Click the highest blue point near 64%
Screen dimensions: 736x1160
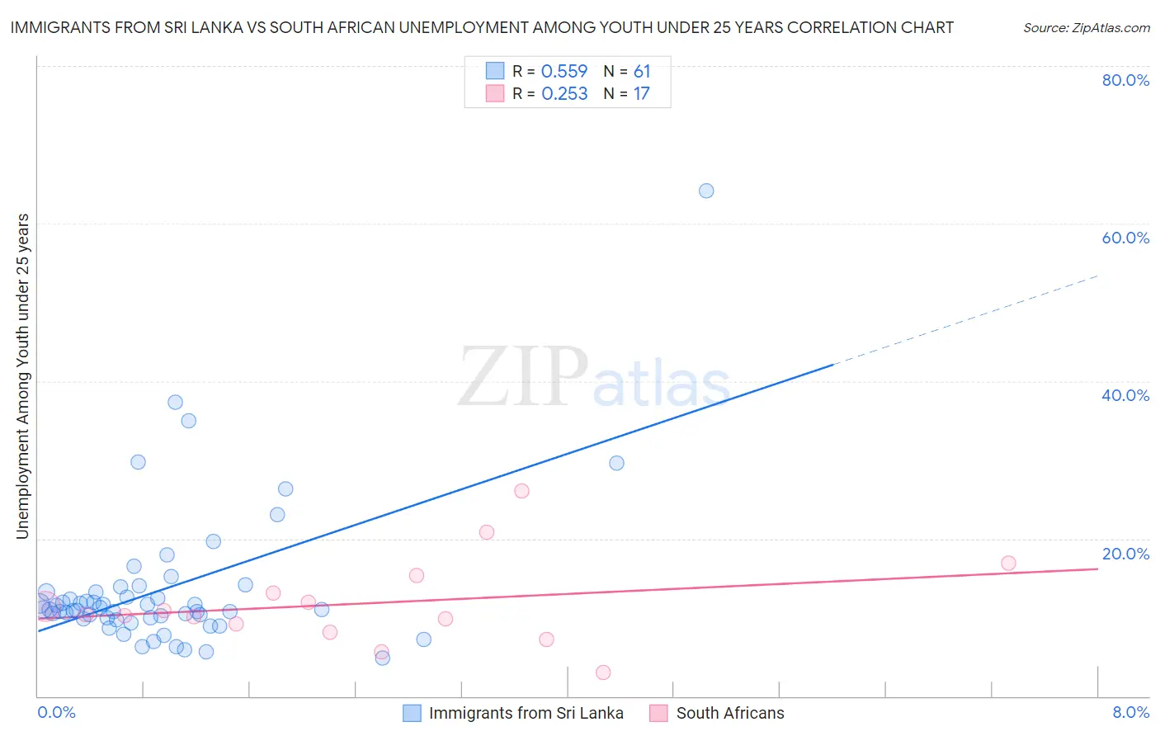tap(706, 191)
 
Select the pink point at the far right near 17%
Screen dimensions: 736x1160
tap(1008, 564)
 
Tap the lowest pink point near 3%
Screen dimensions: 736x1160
tap(603, 672)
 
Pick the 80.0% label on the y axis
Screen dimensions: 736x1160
tap(1125, 80)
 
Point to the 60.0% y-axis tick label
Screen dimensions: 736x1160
tap(1125, 238)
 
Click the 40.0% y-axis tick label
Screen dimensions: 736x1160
tap(1125, 395)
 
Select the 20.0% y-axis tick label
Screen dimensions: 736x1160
tap(1125, 554)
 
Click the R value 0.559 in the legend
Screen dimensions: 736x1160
tap(564, 72)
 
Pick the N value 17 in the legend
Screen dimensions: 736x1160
tap(641, 94)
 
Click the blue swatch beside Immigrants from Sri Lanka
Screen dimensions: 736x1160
tap(412, 713)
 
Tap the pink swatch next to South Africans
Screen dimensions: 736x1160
tap(658, 713)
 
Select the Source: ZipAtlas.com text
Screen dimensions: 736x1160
tap(1086, 28)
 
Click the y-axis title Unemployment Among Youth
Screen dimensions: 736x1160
tap(23, 376)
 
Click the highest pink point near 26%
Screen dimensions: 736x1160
tap(521, 491)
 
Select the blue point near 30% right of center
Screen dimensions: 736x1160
tap(616, 463)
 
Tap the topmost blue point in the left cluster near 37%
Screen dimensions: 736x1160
tap(175, 403)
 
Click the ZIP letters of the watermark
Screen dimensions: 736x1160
tap(523, 378)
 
